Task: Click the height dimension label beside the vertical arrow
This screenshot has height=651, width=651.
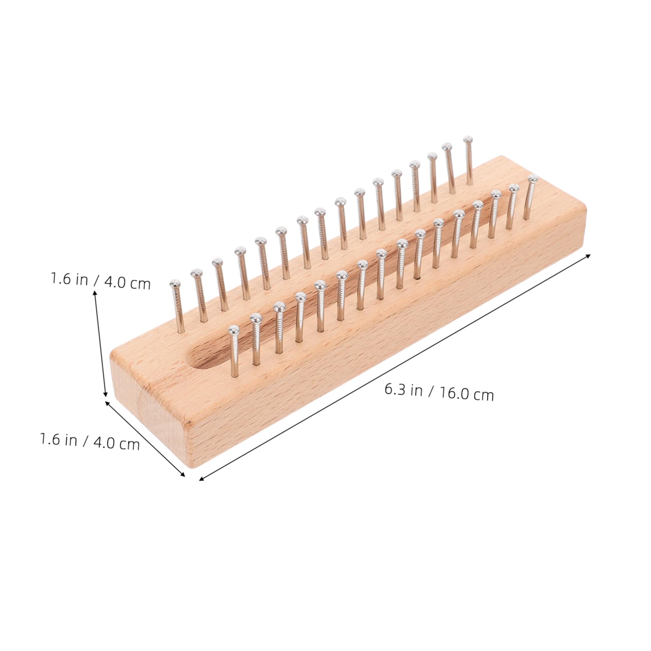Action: [x=101, y=281]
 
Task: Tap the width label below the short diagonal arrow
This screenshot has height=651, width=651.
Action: [x=90, y=442]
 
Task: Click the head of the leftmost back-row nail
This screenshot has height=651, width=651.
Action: [x=175, y=284]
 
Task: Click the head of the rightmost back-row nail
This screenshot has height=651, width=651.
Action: [x=468, y=139]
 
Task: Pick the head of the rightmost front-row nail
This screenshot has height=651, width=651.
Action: [x=533, y=178]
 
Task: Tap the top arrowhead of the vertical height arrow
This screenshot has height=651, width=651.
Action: [x=95, y=292]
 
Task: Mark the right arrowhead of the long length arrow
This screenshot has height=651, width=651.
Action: [x=589, y=255]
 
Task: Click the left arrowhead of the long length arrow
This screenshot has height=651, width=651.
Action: [x=201, y=479]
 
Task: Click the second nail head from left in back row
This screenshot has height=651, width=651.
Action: [x=196, y=273]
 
